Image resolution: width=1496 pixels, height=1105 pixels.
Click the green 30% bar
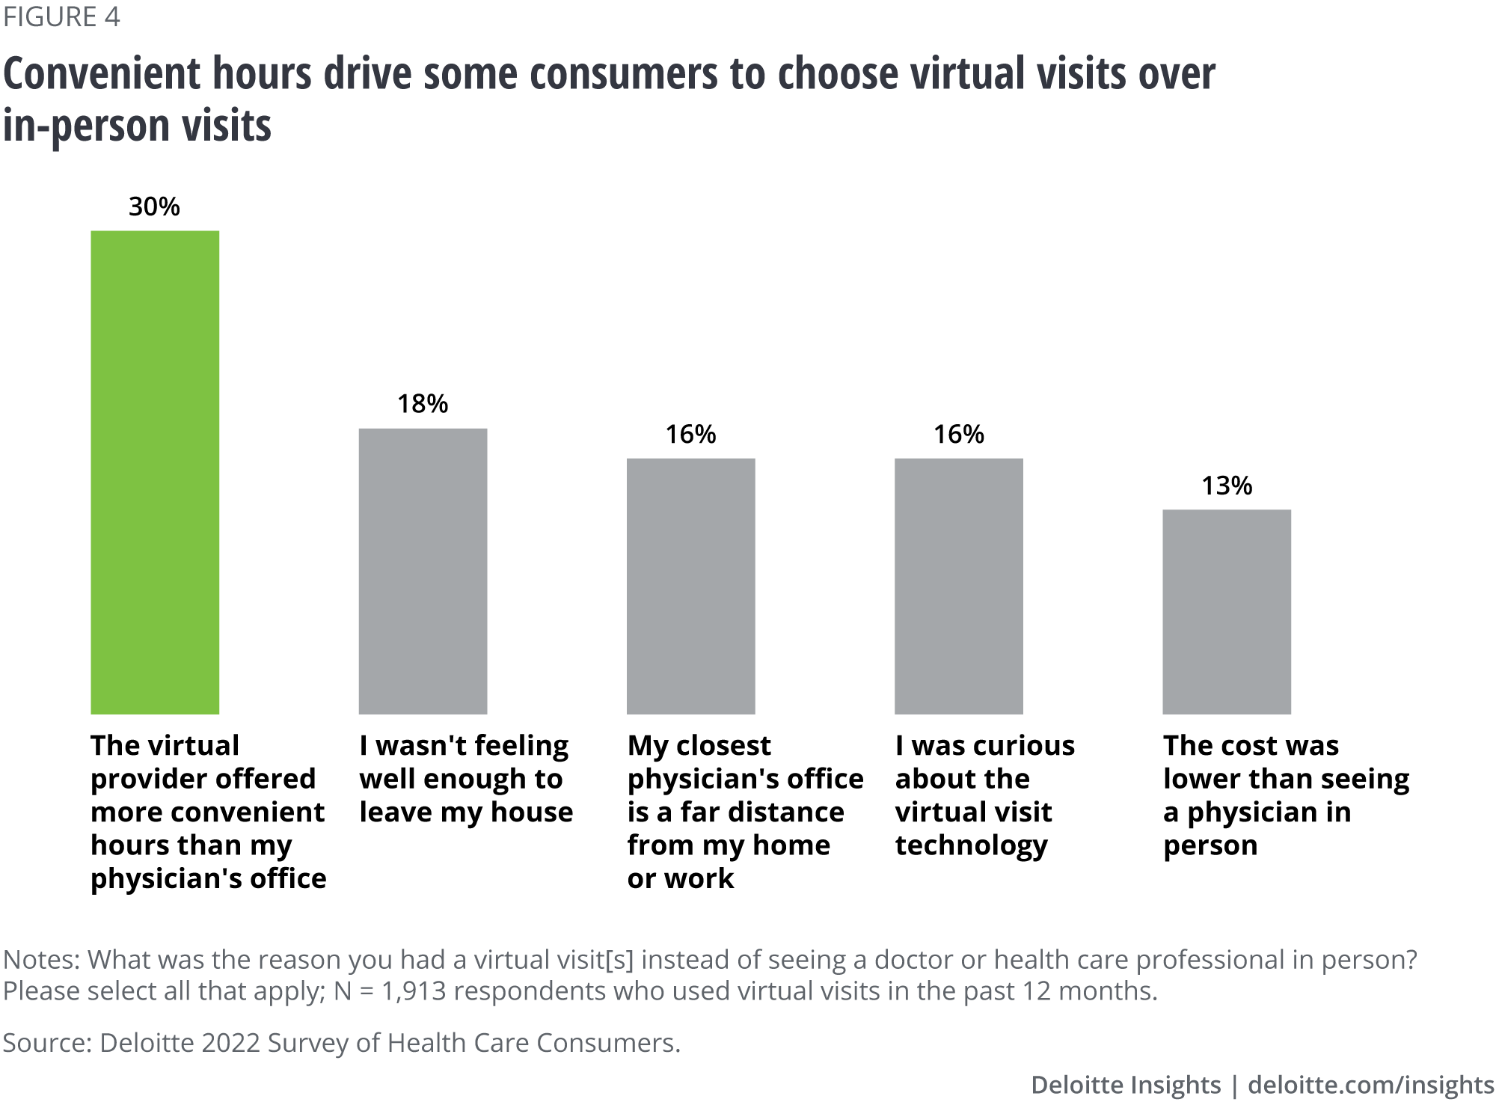(155, 471)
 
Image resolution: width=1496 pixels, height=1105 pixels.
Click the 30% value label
(154, 206)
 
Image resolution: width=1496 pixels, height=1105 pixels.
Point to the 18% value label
(423, 404)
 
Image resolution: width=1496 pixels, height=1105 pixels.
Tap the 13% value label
(1226, 486)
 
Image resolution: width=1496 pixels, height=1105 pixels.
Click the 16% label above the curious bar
(958, 434)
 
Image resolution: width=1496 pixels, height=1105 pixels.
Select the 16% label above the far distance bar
(690, 434)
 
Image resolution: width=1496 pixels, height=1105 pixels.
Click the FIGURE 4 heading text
(61, 16)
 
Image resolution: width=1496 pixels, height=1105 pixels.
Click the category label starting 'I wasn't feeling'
(465, 778)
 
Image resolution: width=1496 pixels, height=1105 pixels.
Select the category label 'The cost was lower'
(1285, 795)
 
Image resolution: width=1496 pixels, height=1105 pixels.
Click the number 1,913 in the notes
(413, 991)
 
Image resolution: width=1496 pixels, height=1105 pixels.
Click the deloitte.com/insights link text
(1370, 1085)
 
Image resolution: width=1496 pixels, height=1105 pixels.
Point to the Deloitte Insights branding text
(1125, 1085)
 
